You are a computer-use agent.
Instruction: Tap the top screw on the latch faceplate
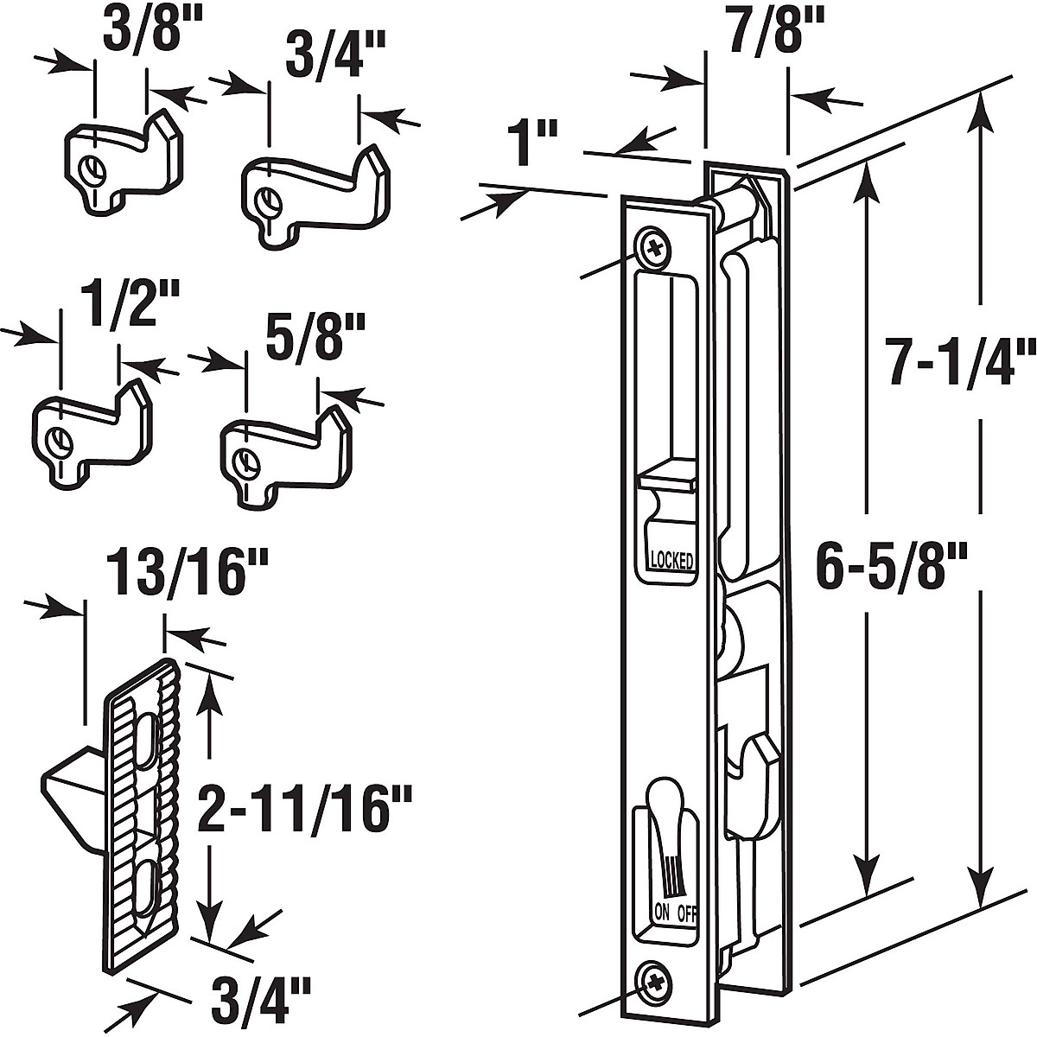coord(655,248)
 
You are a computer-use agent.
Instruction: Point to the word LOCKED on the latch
coord(671,560)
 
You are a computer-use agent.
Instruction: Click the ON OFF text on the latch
coord(674,912)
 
